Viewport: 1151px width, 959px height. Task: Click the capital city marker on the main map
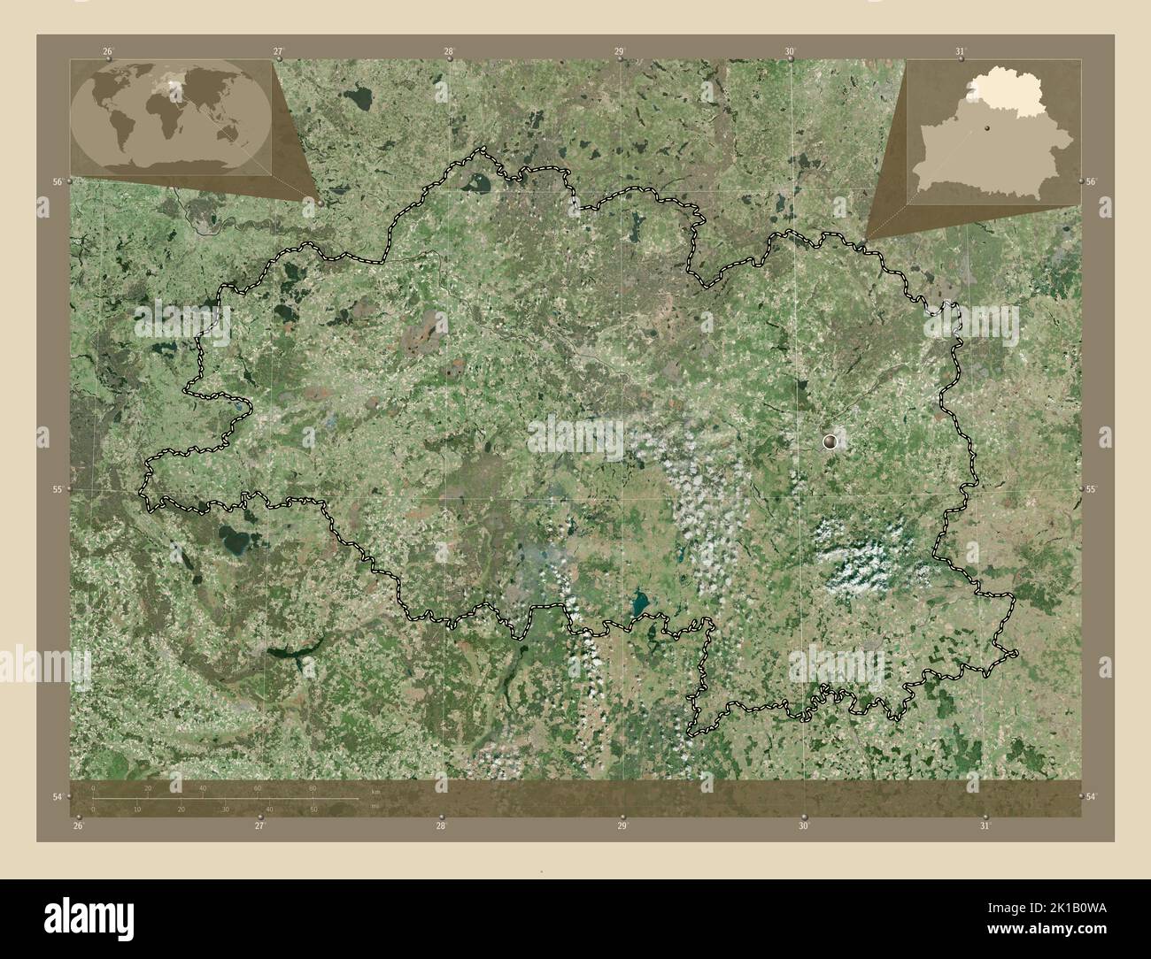[x=830, y=440]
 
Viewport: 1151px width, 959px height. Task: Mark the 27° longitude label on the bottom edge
[x=259, y=826]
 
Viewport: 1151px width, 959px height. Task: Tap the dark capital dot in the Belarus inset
[x=985, y=130]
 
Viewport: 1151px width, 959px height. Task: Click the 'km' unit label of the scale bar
[x=375, y=790]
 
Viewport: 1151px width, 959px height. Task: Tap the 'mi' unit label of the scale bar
[x=375, y=806]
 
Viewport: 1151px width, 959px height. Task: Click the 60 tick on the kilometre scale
[x=258, y=788]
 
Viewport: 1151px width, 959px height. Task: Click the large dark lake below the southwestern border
[x=235, y=537]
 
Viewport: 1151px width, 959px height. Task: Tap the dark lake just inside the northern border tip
[x=479, y=183]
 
